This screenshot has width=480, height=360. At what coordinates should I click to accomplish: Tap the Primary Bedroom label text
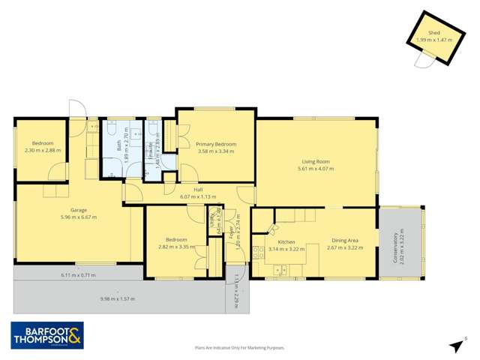tap(216, 144)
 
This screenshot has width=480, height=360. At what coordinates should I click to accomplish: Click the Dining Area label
tap(346, 241)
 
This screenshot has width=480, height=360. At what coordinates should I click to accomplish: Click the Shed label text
tap(434, 33)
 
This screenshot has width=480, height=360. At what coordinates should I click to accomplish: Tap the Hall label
tap(198, 190)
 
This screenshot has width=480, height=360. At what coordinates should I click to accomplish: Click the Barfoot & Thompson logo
tap(46, 334)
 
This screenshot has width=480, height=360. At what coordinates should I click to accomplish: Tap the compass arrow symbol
tap(456, 346)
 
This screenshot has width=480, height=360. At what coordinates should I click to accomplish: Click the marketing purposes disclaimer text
tap(240, 348)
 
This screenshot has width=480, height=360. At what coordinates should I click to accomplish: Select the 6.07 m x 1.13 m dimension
tap(198, 196)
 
